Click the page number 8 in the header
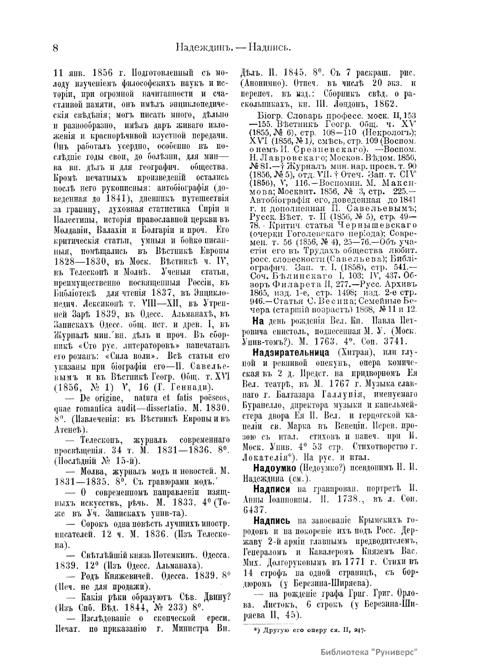tap(56, 48)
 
